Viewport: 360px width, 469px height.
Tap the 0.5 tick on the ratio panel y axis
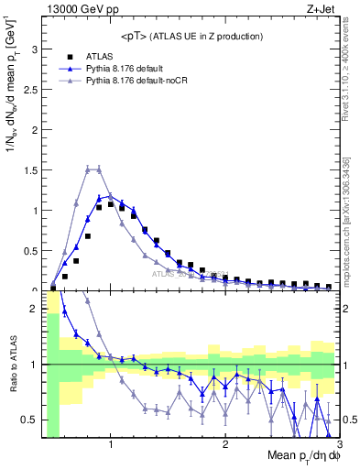tap(32, 420)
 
